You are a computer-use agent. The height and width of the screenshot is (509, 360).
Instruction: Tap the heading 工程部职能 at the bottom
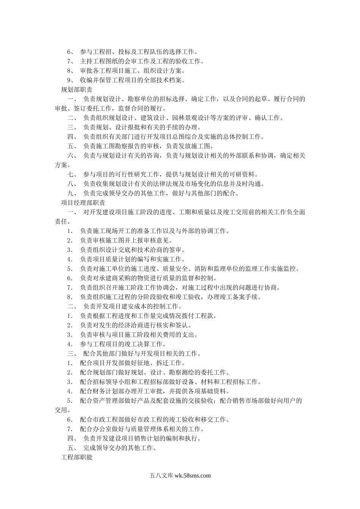tap(77, 457)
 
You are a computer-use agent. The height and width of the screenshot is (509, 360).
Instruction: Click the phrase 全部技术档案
tap(163, 80)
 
